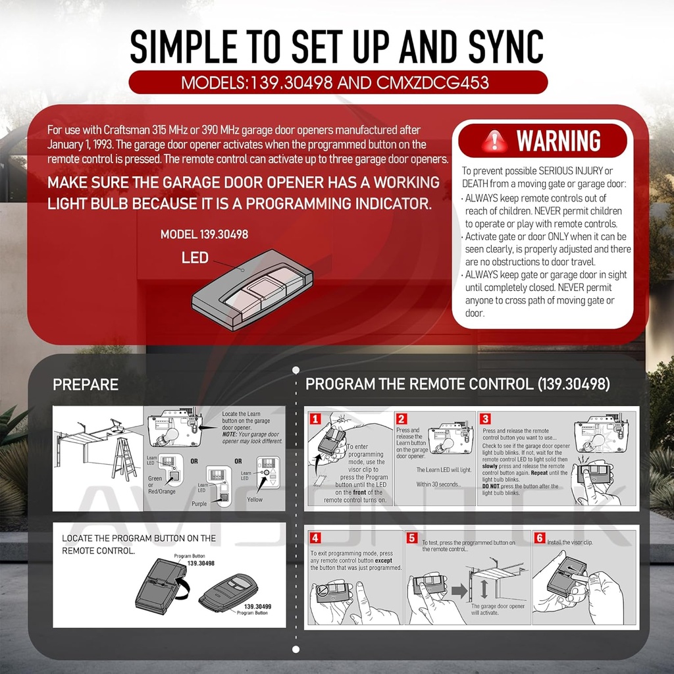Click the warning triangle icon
coord(496,140)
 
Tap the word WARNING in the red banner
coord(558,141)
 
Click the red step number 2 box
coord(402,419)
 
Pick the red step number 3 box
coord(485,419)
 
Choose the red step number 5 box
coord(412,538)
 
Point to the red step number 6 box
coord(540,538)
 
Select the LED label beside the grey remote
coord(195,258)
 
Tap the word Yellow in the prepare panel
coord(255,499)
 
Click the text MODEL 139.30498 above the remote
coord(204,234)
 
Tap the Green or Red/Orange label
coord(162,485)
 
